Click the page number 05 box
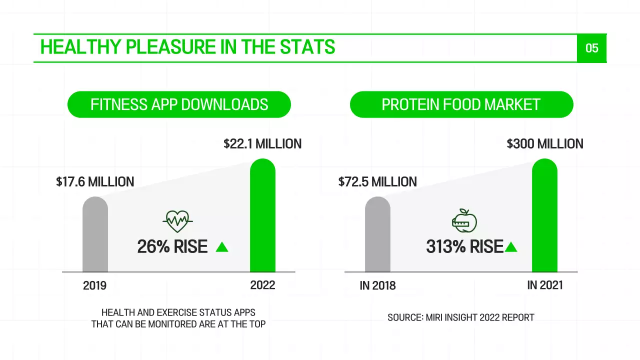point(591,48)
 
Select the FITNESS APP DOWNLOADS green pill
point(179,104)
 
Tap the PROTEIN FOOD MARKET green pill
point(461,104)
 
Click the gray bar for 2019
point(95,235)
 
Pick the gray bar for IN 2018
point(377,235)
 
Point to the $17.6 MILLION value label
point(95,181)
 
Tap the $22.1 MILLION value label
point(262,144)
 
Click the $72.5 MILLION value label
point(377,181)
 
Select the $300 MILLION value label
point(544,144)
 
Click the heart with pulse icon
point(177,220)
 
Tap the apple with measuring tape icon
point(464,220)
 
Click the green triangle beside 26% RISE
point(221,247)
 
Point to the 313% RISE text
point(464,247)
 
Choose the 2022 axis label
point(262,285)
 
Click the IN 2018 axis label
point(377,285)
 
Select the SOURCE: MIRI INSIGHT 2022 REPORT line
point(460,317)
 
